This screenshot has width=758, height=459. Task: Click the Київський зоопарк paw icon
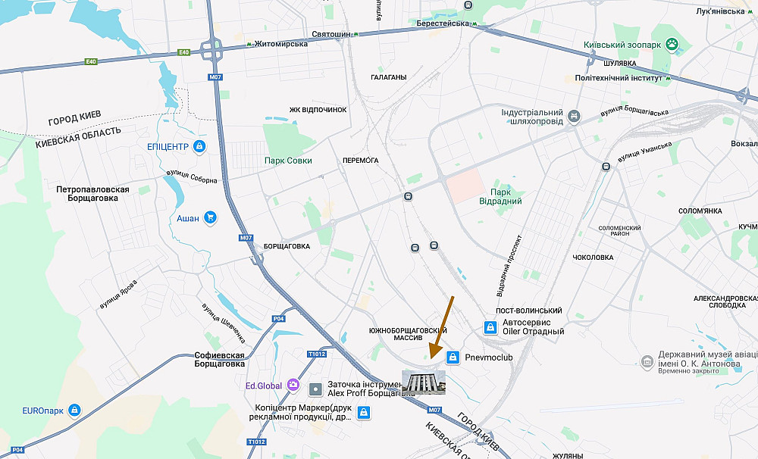[x=671, y=45]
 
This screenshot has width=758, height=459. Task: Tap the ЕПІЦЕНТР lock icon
[x=199, y=145]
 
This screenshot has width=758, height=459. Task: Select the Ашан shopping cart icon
[x=210, y=218]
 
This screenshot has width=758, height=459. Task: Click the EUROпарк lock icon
[x=74, y=411]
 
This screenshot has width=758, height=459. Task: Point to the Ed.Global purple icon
[x=292, y=386]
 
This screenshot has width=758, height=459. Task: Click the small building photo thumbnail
[x=424, y=382]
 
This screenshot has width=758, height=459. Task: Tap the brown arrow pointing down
[x=442, y=326]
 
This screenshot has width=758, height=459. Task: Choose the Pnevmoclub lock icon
[x=453, y=357]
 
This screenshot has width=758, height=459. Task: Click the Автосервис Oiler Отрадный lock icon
[x=490, y=327]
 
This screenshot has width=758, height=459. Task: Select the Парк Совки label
[x=288, y=161]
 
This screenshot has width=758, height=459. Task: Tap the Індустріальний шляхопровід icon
[x=575, y=116]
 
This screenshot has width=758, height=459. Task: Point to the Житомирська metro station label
[x=280, y=44]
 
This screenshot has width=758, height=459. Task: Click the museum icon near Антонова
[x=647, y=359]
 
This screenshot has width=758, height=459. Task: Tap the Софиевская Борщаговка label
[x=219, y=360]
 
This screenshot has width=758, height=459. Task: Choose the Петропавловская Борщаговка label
[x=92, y=193]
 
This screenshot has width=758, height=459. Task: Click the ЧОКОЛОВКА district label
[x=593, y=258]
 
